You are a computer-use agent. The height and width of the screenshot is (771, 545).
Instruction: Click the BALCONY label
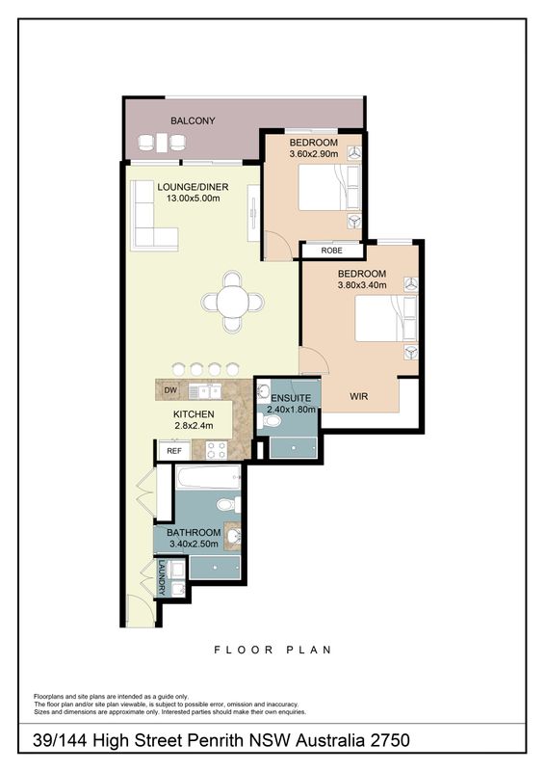click(193, 120)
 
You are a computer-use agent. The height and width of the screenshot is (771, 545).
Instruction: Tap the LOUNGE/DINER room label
click(193, 187)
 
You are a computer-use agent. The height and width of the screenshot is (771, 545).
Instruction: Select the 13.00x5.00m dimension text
click(193, 199)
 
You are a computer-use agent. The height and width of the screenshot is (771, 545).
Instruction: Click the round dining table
click(232, 302)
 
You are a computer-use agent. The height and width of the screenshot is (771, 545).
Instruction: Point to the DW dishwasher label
click(170, 391)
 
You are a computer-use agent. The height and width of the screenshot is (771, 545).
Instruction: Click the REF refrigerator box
click(174, 451)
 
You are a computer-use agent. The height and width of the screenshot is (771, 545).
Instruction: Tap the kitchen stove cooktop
click(217, 449)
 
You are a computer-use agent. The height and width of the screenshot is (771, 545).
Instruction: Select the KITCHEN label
click(194, 414)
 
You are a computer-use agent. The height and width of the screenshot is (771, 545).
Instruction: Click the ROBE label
click(331, 251)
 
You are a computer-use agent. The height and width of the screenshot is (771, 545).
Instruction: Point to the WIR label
click(359, 396)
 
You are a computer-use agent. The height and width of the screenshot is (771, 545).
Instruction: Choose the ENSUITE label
click(291, 398)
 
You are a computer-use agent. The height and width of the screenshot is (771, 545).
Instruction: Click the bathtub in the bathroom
click(208, 478)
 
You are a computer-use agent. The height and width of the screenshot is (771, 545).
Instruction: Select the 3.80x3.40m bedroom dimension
click(362, 285)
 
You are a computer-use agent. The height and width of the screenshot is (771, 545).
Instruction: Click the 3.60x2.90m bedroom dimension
click(314, 154)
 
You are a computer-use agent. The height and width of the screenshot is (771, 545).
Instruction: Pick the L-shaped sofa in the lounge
click(153, 215)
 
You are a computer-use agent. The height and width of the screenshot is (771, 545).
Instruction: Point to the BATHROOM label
click(194, 533)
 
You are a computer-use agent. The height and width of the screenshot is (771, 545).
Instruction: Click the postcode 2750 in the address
click(390, 740)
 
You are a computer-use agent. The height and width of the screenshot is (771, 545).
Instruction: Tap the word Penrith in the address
click(219, 740)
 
